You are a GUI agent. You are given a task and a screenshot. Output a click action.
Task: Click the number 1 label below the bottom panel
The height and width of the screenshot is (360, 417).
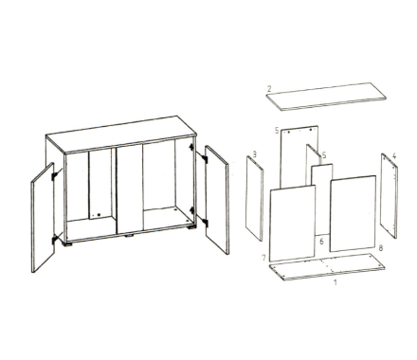pyautogui.click(x=335, y=282)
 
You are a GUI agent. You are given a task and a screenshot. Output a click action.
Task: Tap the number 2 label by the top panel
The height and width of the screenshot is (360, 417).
pyautogui.click(x=269, y=89)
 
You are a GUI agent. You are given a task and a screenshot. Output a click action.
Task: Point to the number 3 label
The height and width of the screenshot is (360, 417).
pyautogui.click(x=255, y=154)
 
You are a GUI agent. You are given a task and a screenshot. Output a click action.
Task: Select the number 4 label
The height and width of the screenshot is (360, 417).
pyautogui.click(x=394, y=155)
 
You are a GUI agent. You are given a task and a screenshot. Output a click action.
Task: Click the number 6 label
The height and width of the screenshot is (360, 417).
pyautogui.click(x=321, y=242)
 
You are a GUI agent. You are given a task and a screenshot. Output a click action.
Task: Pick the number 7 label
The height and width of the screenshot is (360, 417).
pyautogui.click(x=264, y=258)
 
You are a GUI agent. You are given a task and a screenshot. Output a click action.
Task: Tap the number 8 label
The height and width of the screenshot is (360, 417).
pyautogui.click(x=381, y=248)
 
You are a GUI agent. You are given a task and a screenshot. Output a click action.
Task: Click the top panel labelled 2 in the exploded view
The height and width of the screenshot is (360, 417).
pyautogui.click(x=326, y=97)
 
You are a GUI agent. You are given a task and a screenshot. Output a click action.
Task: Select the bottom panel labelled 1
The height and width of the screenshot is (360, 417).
pyautogui.click(x=327, y=266)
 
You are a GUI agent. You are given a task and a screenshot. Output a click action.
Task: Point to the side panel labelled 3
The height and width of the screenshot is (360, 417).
pyautogui.click(x=255, y=198)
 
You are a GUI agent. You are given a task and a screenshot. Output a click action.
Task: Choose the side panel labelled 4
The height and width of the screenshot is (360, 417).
pyautogui.click(x=389, y=196)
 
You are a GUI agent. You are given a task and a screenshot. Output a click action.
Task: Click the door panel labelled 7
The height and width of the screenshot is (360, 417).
pyautogui.click(x=293, y=224)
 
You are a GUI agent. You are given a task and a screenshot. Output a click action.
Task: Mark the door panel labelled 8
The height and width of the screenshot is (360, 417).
pyautogui.click(x=353, y=213)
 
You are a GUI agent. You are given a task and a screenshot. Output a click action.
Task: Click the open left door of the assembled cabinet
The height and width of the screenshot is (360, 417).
pyautogui.click(x=43, y=217)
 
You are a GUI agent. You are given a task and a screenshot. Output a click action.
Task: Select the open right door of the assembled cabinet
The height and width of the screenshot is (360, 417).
pyautogui.click(x=217, y=200)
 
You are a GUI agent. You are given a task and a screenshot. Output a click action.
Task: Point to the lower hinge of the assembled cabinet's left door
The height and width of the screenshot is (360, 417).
pyautogui.click(x=55, y=240)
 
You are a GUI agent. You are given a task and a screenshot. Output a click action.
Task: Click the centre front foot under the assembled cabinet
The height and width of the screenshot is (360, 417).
pyautogui.click(x=130, y=236)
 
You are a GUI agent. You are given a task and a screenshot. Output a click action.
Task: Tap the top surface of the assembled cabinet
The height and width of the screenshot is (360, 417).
pyautogui.click(x=121, y=134)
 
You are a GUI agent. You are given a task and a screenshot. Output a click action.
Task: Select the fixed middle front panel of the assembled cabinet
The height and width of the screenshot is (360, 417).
pyautogui.click(x=130, y=189)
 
